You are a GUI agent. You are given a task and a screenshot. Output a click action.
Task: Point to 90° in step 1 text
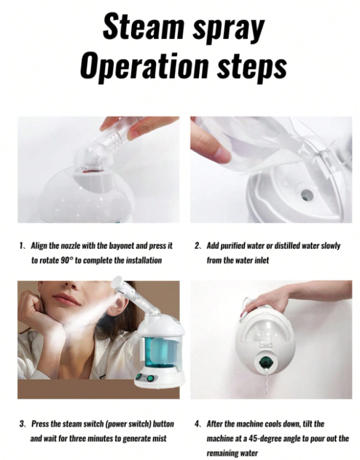[x=67, y=260]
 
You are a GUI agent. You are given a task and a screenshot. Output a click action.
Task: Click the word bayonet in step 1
[x=122, y=246]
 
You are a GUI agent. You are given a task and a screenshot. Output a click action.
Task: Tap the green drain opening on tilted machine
[x=266, y=363]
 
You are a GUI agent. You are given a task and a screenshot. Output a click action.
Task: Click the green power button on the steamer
[x=151, y=379]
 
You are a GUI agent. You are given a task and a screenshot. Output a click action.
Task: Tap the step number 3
[x=22, y=424]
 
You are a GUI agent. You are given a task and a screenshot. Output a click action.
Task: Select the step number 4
[x=197, y=424]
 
